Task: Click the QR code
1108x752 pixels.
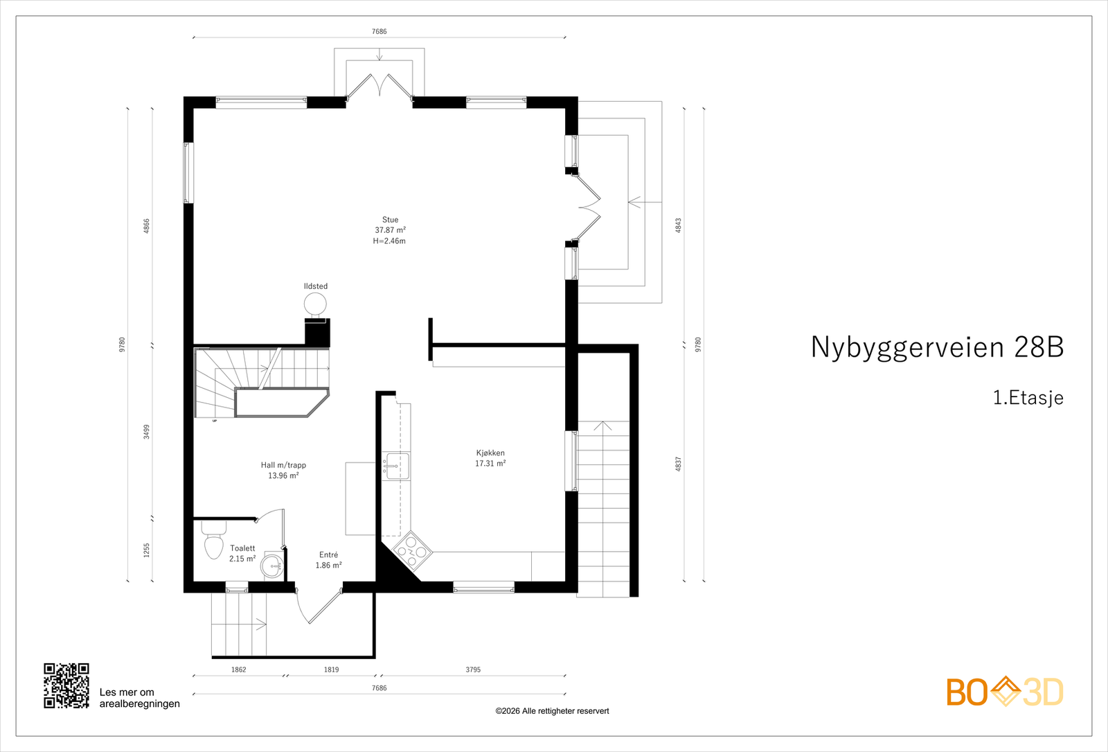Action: (66, 685)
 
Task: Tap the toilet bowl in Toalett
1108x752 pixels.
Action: (214, 545)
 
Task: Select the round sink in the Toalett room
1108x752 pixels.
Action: (272, 566)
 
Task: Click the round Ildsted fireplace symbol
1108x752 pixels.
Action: (315, 304)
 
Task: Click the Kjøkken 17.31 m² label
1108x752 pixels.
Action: (490, 458)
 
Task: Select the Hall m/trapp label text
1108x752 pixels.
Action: (283, 465)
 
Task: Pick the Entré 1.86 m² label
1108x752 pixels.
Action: (329, 560)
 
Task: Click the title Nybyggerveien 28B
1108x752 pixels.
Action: (937, 347)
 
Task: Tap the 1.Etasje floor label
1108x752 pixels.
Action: (1028, 398)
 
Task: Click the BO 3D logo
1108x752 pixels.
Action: (1005, 692)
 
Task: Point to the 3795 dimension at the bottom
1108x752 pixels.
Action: (473, 670)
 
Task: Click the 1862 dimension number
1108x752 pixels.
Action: (238, 670)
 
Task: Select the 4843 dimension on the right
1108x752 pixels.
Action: (679, 225)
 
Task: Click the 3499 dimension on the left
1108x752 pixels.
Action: (147, 432)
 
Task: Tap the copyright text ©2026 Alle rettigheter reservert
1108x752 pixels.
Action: (552, 711)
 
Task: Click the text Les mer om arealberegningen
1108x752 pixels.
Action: (139, 698)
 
